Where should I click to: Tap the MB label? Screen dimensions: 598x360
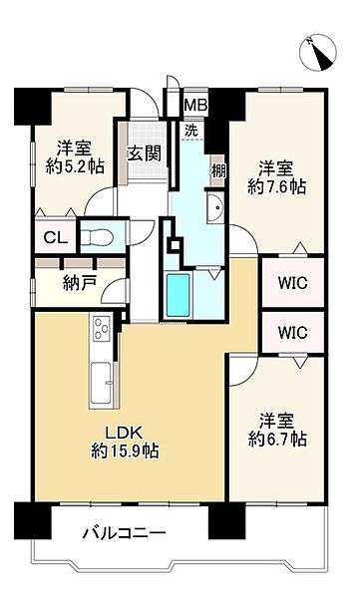point(192,103)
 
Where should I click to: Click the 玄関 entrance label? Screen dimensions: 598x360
point(139,153)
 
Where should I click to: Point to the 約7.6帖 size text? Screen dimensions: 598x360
point(278,186)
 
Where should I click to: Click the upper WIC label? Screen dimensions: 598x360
point(293,284)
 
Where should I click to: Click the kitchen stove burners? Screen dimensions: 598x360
point(102,328)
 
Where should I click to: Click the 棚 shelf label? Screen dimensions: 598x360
point(217,170)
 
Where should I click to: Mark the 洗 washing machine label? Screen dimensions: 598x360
point(190,130)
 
